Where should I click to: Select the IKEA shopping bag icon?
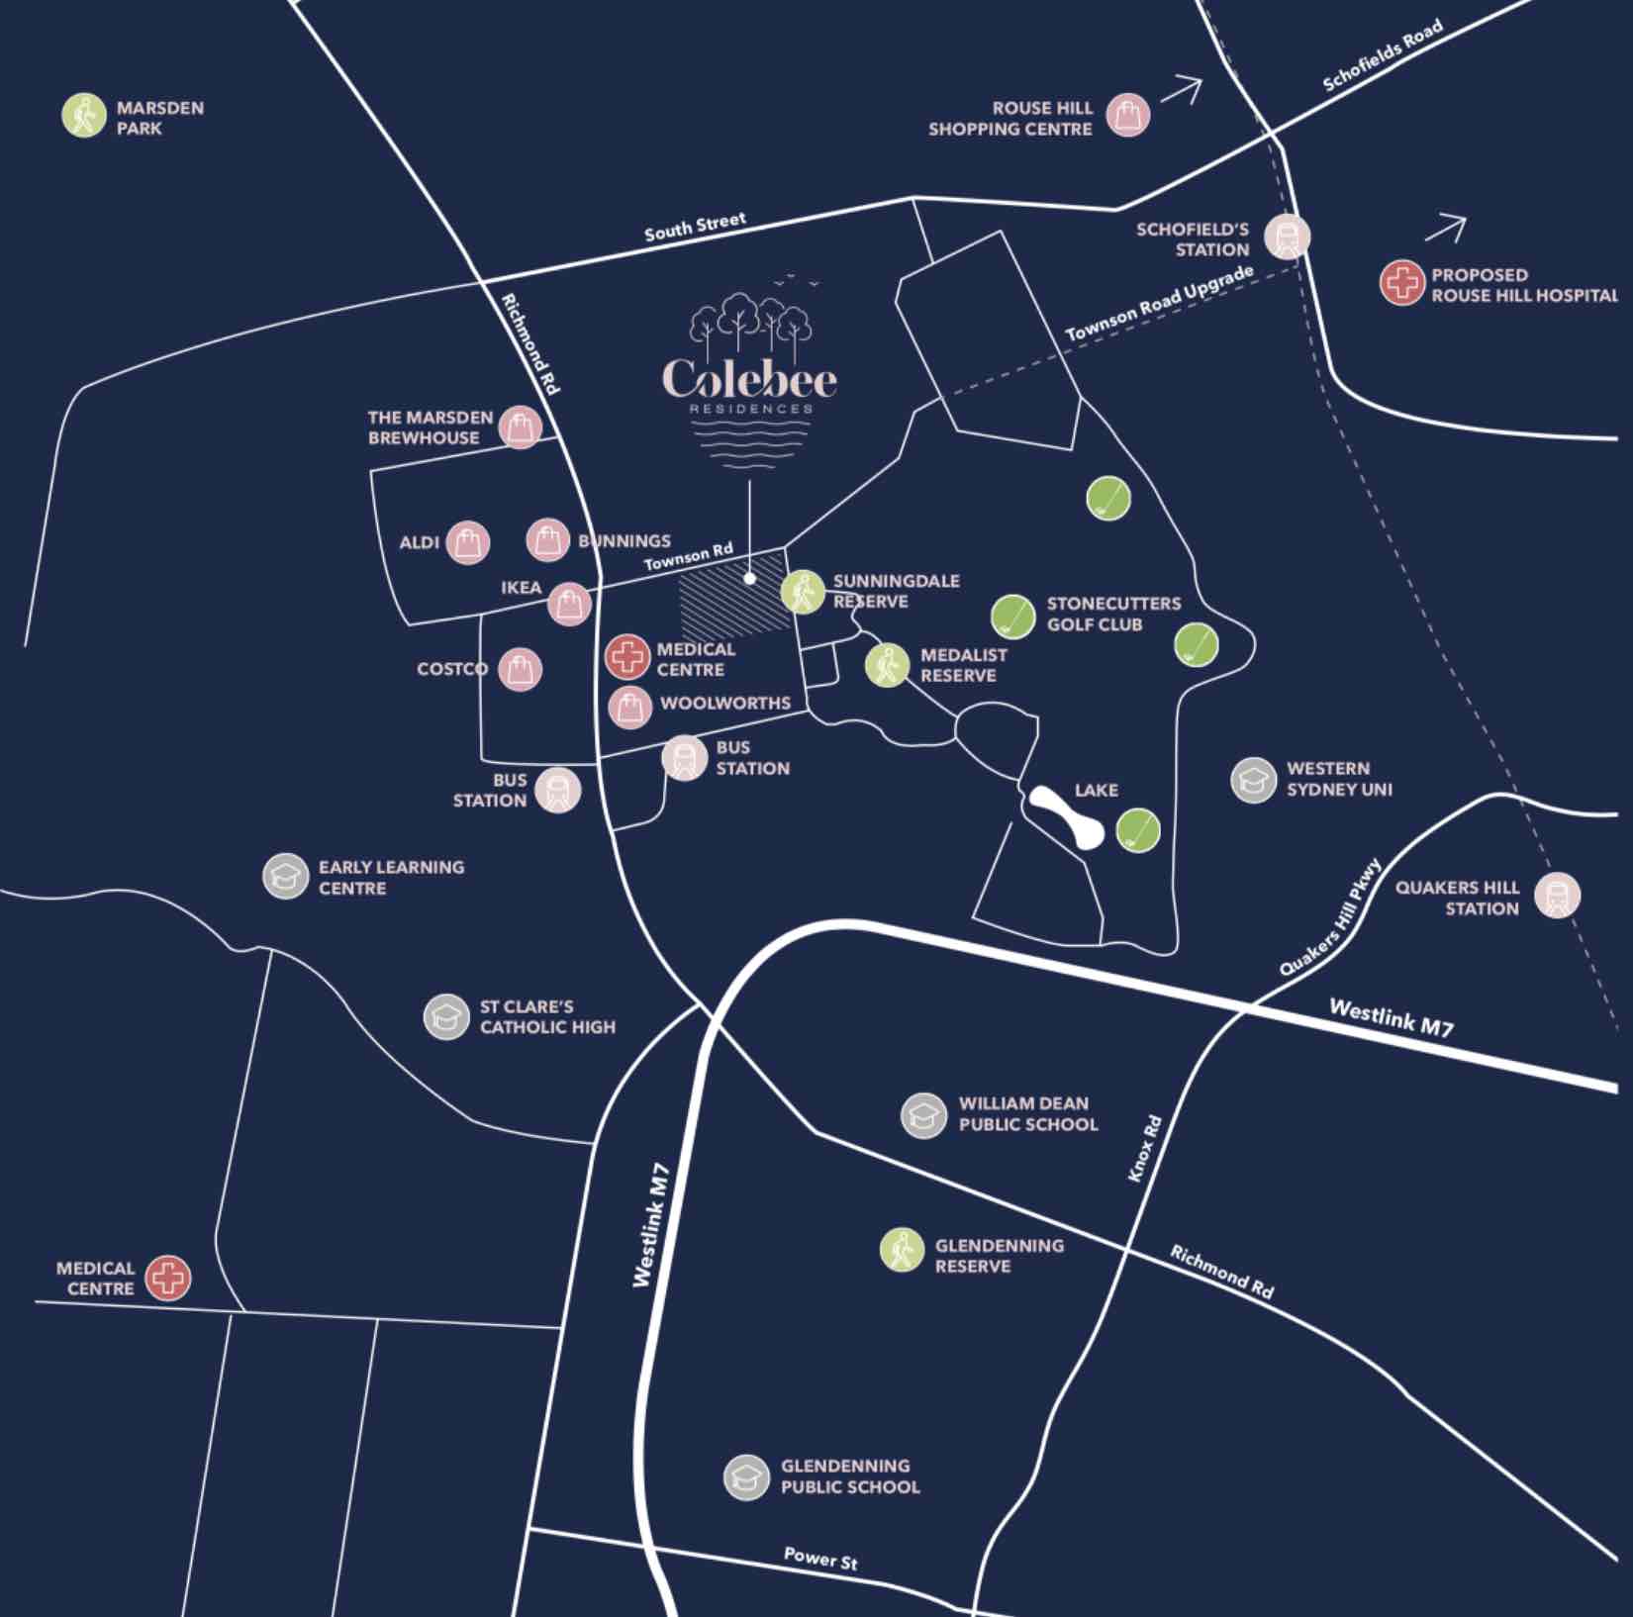pos(569,604)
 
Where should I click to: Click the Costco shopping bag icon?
pos(520,670)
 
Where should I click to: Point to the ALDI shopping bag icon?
pos(467,542)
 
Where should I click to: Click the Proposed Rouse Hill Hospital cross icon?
pos(1401,283)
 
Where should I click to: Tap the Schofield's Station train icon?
pos(1287,237)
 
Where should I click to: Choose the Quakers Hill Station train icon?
pos(1557,896)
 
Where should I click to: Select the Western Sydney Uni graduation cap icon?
pos(1253,780)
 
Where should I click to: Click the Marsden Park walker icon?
pos(84,116)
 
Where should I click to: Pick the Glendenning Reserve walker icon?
pos(902,1249)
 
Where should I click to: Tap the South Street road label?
pos(695,227)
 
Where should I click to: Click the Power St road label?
pos(820,1560)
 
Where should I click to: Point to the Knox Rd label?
pos(1144,1148)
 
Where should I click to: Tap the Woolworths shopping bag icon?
pos(629,707)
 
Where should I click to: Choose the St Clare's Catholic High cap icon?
pos(445,1016)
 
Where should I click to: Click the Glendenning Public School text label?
pos(849,1476)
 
